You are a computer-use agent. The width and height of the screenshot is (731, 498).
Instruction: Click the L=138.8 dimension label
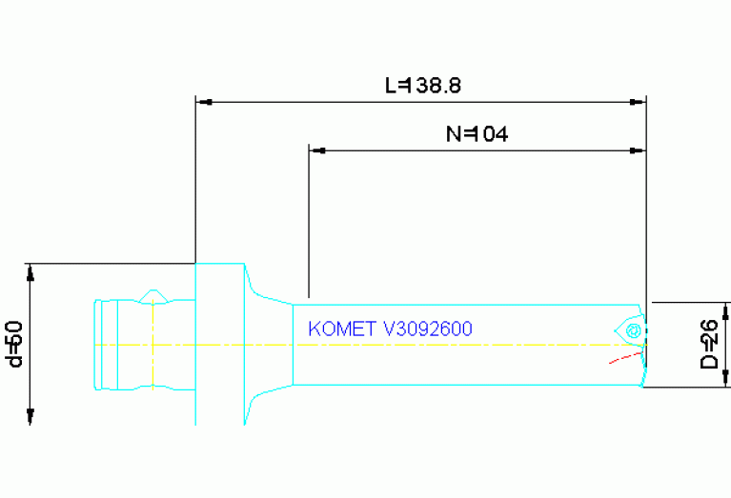[x=423, y=86]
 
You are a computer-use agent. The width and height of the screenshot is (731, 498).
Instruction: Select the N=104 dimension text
[x=477, y=134]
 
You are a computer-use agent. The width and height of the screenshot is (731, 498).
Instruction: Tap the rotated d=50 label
[x=14, y=344]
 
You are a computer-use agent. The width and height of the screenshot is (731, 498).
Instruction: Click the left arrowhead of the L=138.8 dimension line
[x=202, y=101]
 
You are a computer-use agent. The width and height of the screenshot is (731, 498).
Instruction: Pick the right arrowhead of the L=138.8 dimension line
[x=640, y=101]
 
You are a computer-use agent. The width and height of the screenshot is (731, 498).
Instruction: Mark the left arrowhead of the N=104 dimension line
[x=316, y=150]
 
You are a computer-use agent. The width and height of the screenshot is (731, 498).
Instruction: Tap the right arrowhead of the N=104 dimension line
[x=640, y=150]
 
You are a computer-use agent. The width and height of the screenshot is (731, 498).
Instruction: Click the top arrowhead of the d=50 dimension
[x=30, y=272]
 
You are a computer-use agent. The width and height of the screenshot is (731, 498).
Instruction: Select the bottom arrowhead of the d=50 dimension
[x=30, y=416]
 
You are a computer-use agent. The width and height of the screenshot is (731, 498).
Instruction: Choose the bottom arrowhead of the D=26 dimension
[x=727, y=378]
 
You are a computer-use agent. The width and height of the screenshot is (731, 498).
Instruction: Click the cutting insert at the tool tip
[x=631, y=330]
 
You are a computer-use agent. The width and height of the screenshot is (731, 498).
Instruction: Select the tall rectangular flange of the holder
[x=220, y=343]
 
